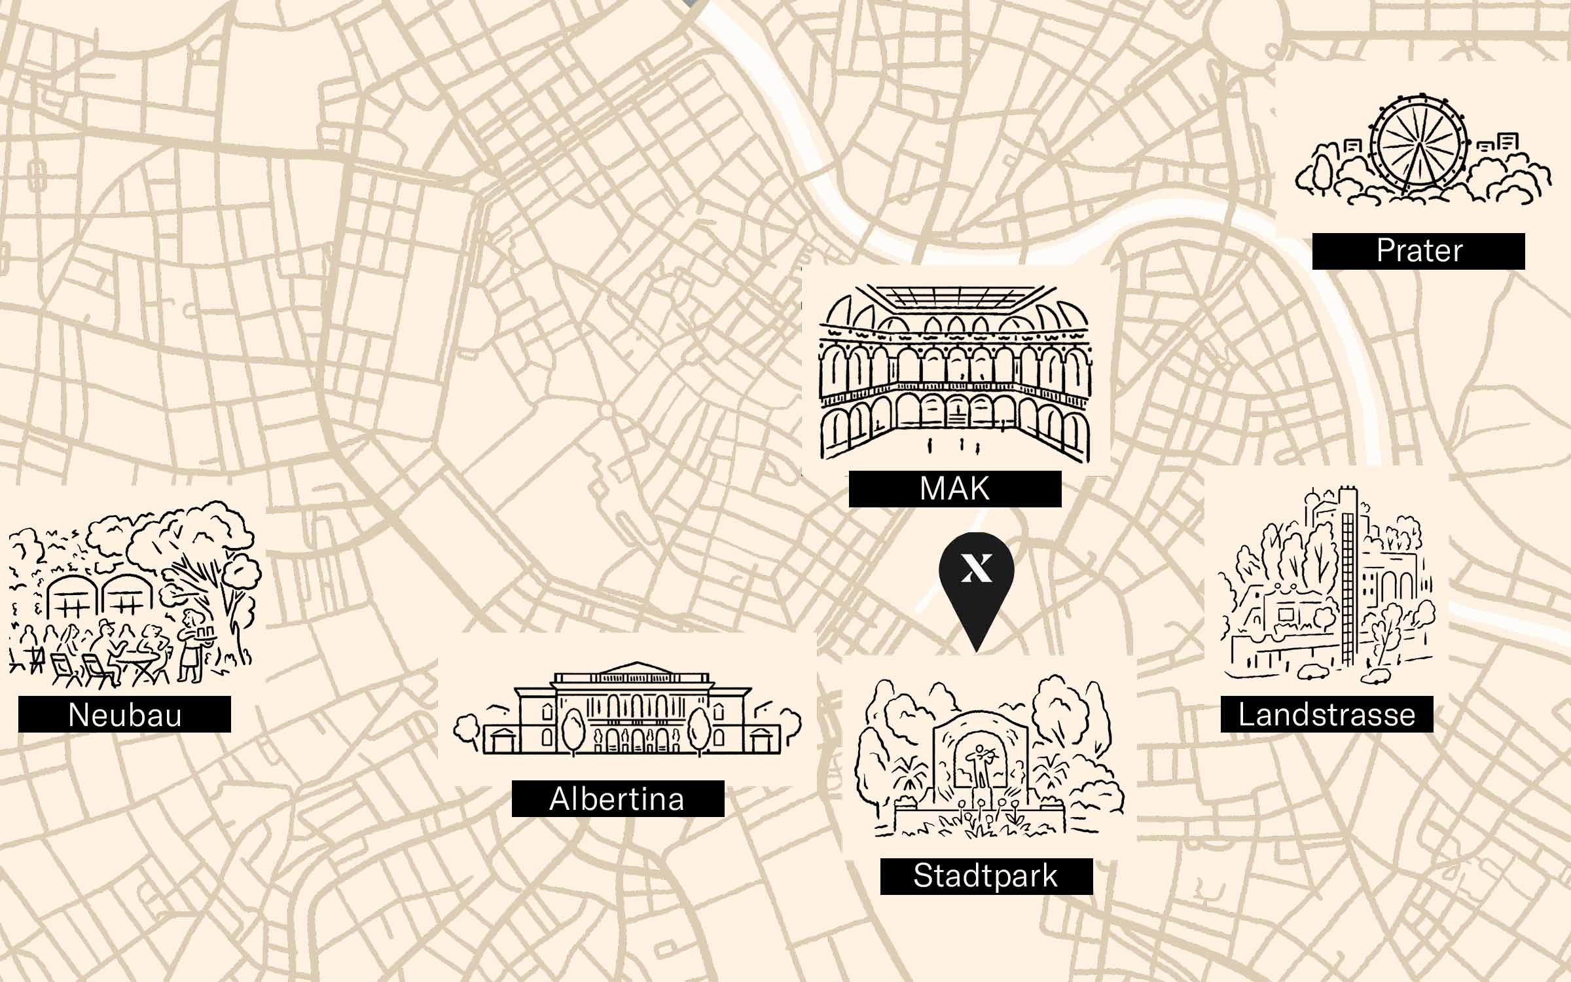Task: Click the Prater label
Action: [x=1418, y=251]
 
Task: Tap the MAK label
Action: [x=954, y=489]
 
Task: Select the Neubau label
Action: [x=124, y=714]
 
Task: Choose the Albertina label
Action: [x=617, y=799]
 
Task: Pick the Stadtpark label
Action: [x=986, y=876]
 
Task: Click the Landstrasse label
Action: [x=1326, y=714]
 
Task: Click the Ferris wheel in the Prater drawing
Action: [x=1418, y=147]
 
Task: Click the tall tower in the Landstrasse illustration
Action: [x=1347, y=576]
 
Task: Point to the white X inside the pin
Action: [x=976, y=568]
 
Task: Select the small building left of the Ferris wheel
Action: [x=1352, y=149]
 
